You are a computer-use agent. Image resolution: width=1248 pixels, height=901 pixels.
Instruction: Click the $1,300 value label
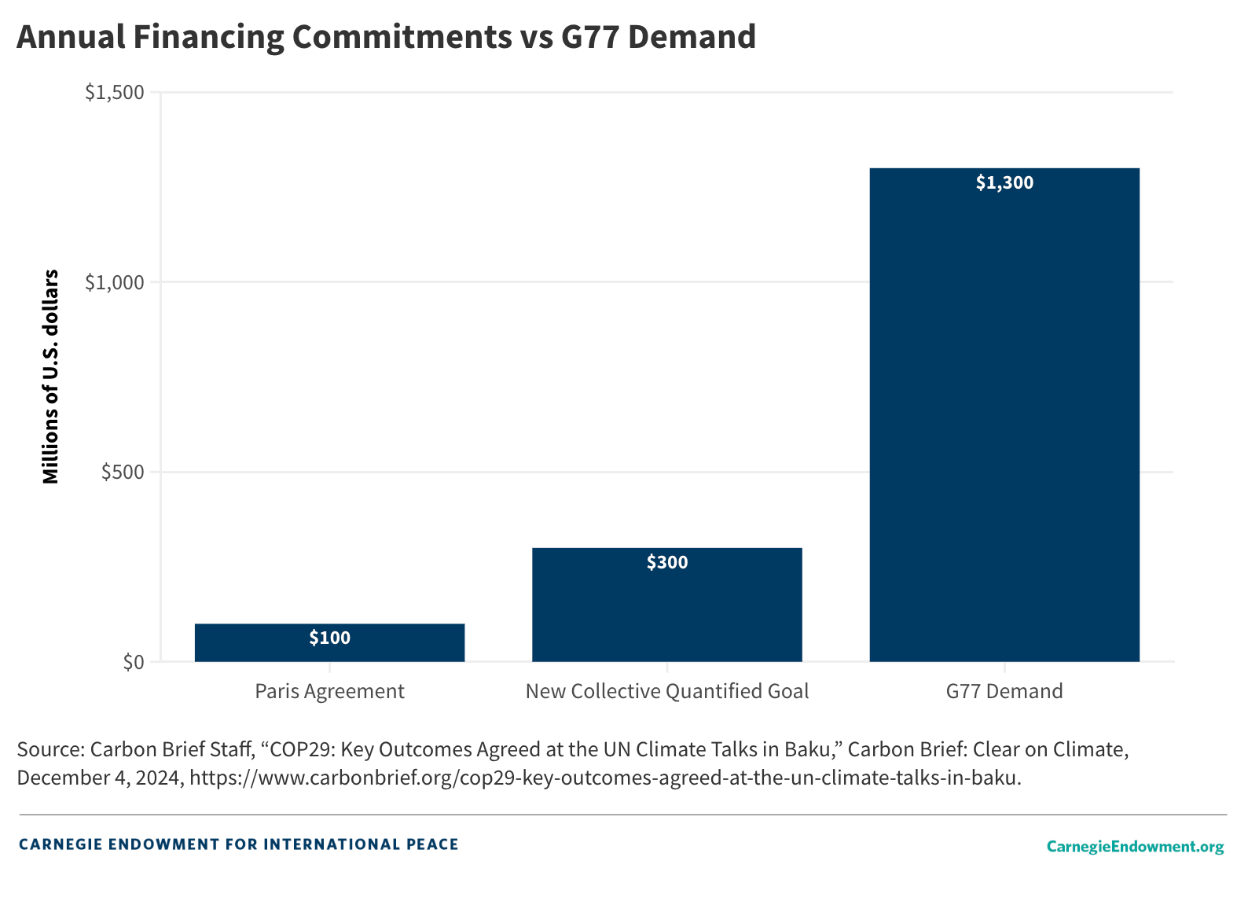[x=1004, y=183]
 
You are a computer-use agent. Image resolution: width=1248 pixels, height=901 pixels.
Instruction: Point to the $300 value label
[x=667, y=563]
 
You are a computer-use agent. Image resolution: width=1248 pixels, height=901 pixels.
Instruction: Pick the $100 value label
[x=330, y=638]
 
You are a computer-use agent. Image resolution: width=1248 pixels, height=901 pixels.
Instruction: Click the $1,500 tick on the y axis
[x=115, y=93]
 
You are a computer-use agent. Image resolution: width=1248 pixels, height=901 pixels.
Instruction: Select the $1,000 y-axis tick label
[x=115, y=282]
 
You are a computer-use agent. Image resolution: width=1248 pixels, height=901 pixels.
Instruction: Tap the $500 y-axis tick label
[x=123, y=472]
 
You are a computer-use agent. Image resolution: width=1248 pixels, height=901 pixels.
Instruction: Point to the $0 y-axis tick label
[x=134, y=662]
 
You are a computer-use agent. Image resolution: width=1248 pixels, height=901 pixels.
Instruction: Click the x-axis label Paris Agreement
[x=329, y=691]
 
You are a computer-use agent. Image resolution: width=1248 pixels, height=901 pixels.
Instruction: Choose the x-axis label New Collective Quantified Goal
[x=667, y=691]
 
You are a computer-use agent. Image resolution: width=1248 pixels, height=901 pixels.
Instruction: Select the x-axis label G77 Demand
[x=1004, y=691]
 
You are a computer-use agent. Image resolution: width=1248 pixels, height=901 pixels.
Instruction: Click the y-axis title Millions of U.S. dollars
[x=51, y=377]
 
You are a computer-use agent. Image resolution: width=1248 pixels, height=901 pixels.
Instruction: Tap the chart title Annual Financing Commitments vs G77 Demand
[x=386, y=37]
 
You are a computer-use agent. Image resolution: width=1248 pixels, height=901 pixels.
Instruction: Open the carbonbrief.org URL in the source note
[x=604, y=778]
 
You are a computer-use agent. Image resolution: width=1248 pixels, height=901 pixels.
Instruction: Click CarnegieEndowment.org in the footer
[x=1135, y=846]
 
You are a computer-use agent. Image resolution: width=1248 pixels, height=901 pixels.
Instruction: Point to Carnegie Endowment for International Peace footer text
[x=238, y=844]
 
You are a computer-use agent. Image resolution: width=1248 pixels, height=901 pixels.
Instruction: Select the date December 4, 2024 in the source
[x=100, y=778]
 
